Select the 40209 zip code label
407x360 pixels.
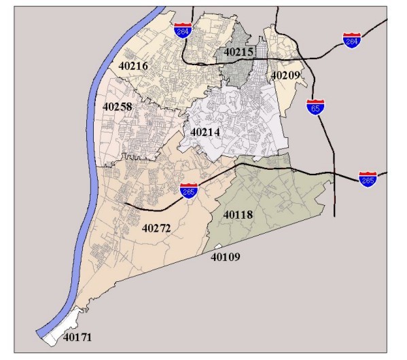(285, 75)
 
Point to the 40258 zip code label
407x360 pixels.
(118, 107)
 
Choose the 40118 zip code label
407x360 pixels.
(238, 215)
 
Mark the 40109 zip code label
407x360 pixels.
(226, 257)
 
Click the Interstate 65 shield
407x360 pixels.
(315, 108)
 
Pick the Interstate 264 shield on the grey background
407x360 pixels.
(352, 39)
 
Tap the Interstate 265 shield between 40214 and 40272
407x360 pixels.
(190, 191)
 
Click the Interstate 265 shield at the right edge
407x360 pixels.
(368, 179)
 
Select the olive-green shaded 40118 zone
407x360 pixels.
(272, 197)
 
